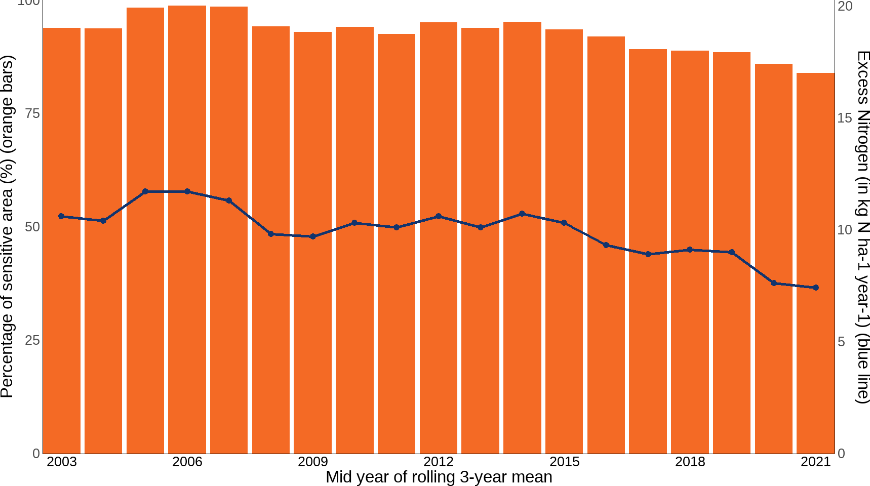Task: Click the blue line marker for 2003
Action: (x=61, y=216)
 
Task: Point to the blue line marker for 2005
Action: (x=145, y=191)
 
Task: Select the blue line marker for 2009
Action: (x=313, y=236)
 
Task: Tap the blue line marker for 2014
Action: (x=522, y=214)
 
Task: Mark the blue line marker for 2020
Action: (x=773, y=283)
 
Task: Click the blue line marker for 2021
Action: (x=815, y=288)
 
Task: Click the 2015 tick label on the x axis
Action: (x=564, y=462)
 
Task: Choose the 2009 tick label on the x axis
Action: (x=313, y=462)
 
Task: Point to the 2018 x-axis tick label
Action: (x=690, y=462)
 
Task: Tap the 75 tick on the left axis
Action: (x=32, y=113)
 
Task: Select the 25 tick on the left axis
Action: (x=32, y=340)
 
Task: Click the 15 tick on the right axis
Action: (x=845, y=118)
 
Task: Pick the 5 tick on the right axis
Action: (x=842, y=342)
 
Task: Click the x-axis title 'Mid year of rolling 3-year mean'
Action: (x=439, y=477)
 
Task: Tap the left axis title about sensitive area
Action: (x=7, y=226)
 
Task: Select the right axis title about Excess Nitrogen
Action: (x=862, y=226)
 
